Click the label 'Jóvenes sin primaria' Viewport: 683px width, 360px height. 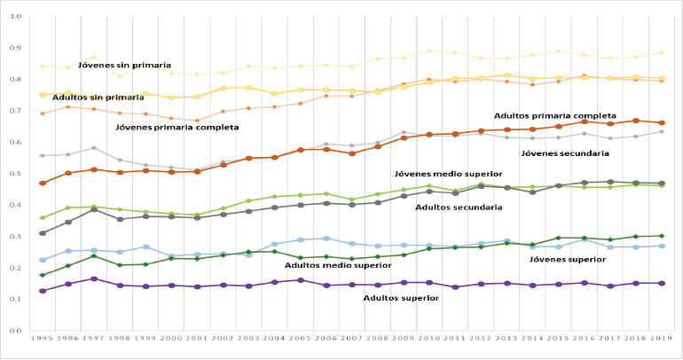[124, 65]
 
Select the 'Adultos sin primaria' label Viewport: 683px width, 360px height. [98, 97]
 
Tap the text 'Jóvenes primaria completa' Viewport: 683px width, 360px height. [177, 128]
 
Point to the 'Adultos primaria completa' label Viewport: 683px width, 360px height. [555, 115]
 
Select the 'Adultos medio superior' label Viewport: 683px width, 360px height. [338, 265]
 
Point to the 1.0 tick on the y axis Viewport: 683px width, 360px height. [15, 17]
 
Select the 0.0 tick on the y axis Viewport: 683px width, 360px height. [15, 331]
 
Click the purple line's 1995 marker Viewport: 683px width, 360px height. [42, 291]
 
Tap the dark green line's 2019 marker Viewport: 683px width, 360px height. [662, 236]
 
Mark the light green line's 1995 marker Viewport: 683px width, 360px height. [42, 218]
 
